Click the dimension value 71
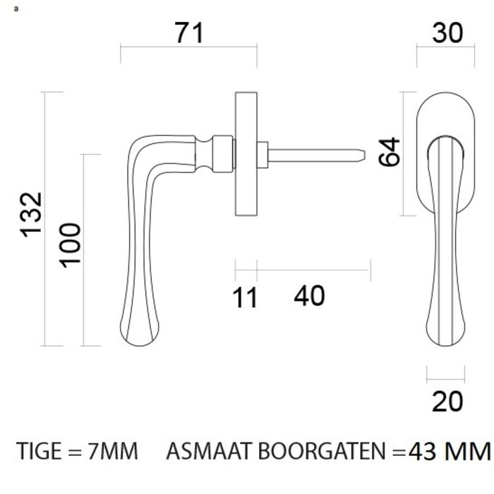coord(188,32)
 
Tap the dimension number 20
coord(447,401)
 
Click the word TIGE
coord(39,450)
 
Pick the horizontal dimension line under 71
coord(188,48)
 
